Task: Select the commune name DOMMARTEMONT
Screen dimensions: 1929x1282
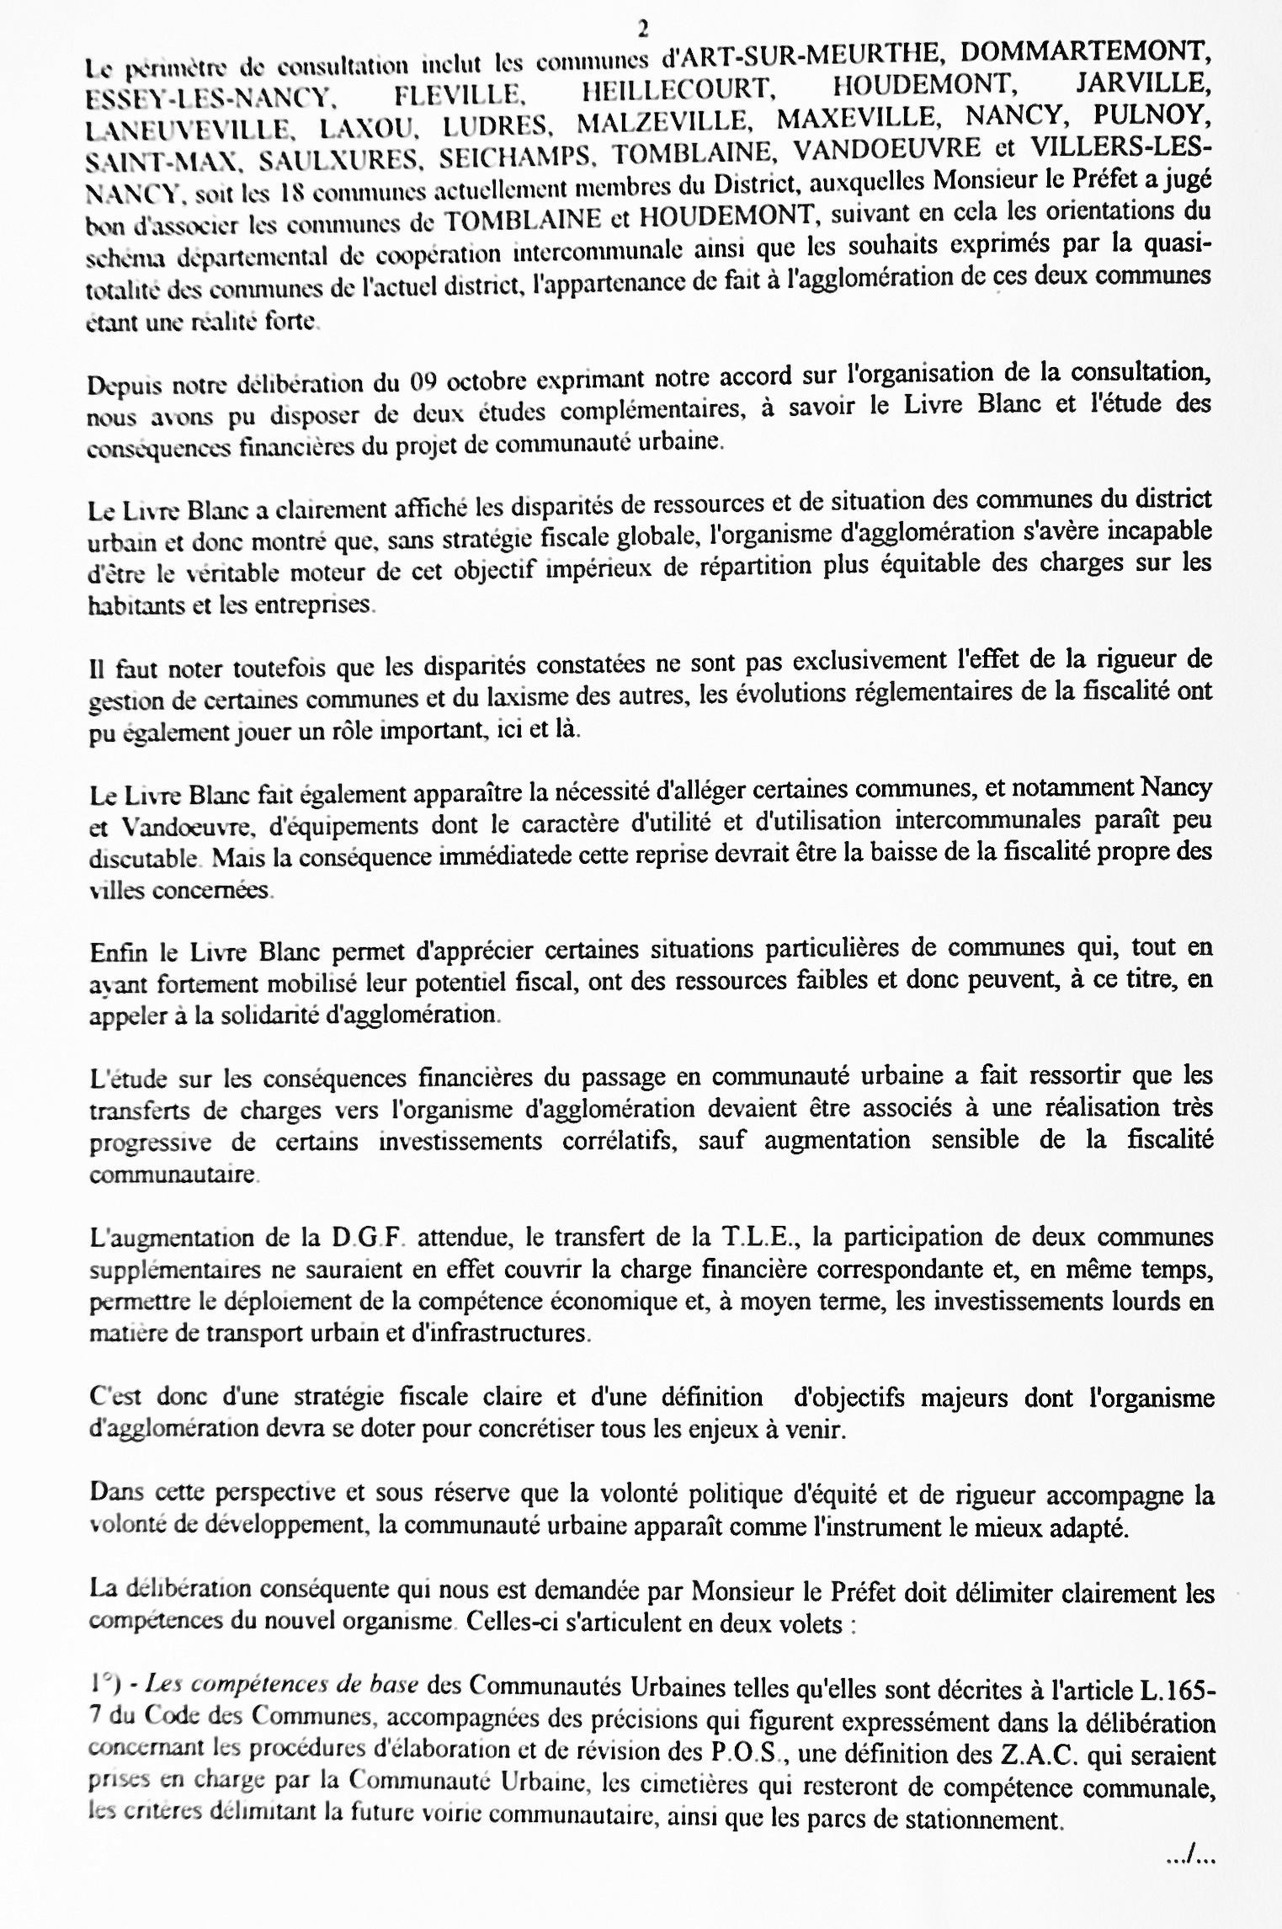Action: [x=1086, y=52]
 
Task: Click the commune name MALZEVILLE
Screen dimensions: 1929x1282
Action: [x=665, y=121]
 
